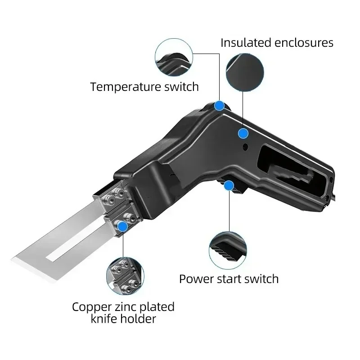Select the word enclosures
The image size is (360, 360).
pyautogui.click(x=306, y=43)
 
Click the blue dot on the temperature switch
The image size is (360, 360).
pyautogui.click(x=219, y=106)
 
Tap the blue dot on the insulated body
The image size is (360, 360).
pyautogui.click(x=243, y=133)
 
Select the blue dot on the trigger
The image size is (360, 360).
pyautogui.click(x=229, y=184)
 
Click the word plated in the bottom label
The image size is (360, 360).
pyautogui.click(x=153, y=308)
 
